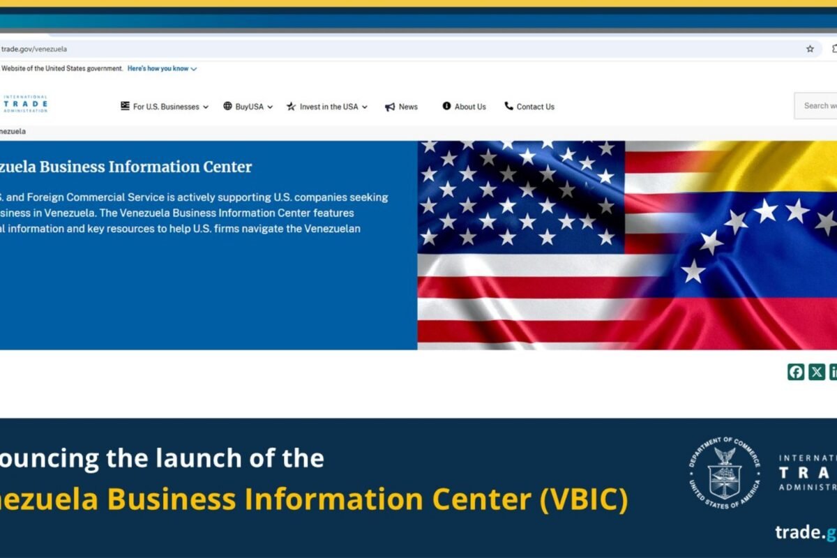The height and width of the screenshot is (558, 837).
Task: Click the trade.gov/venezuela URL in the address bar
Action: click(x=34, y=49)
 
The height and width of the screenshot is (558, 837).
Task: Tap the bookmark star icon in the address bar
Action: click(x=810, y=49)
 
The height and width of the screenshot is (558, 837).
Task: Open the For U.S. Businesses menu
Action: click(x=165, y=107)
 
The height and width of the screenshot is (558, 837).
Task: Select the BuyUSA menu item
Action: click(x=248, y=107)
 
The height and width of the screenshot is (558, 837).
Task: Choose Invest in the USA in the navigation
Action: click(x=327, y=107)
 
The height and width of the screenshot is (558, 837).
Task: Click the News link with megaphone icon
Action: click(x=402, y=107)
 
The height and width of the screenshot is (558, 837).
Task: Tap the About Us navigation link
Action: click(x=465, y=107)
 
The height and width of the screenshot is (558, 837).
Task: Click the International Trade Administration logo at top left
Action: click(x=25, y=104)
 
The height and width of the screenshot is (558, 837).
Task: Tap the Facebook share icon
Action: click(x=796, y=372)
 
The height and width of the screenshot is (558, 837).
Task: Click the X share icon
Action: click(x=817, y=372)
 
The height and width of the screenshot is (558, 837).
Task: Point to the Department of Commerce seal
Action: click(x=725, y=473)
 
